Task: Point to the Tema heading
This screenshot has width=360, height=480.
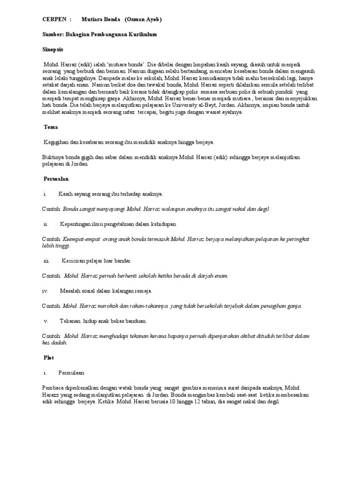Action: tap(50, 127)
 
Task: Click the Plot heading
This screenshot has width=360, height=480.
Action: tap(49, 358)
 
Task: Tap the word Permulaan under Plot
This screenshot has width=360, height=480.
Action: tap(71, 373)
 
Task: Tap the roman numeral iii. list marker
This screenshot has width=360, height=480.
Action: tap(46, 261)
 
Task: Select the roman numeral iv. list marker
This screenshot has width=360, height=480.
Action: tap(45, 291)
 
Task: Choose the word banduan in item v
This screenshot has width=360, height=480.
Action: tap(136, 321)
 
